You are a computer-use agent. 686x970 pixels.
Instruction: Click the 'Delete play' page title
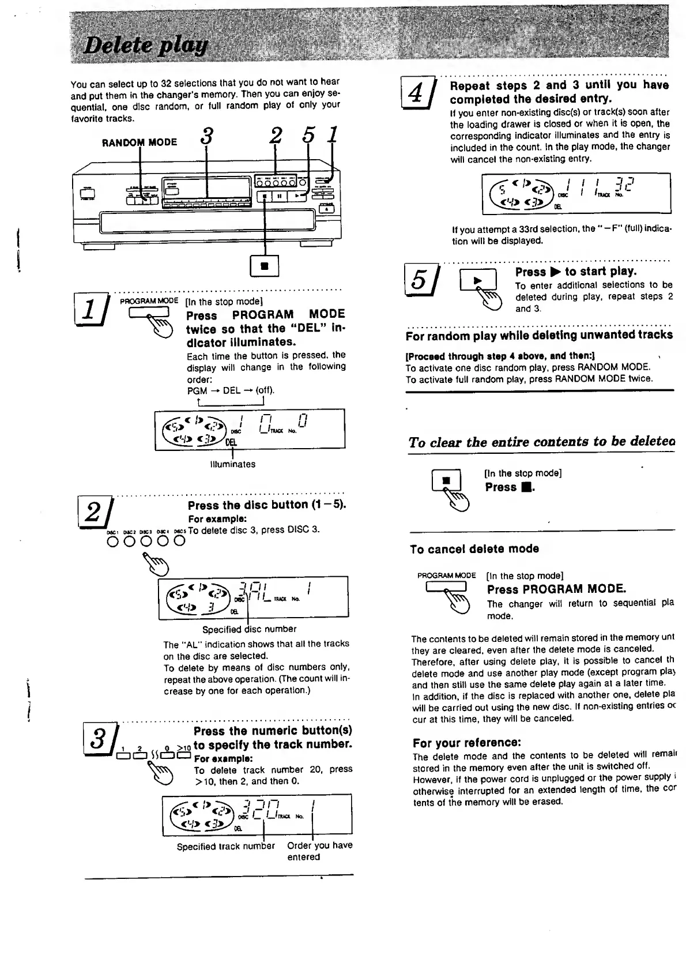(x=145, y=46)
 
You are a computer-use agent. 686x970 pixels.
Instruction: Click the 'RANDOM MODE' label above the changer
(x=140, y=142)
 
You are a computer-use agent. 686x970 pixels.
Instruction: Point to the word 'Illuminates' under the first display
(x=233, y=464)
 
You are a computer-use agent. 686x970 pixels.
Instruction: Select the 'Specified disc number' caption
(x=249, y=629)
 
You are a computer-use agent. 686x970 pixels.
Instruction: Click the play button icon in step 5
(x=478, y=280)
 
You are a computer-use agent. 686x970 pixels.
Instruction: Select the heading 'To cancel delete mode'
(x=474, y=549)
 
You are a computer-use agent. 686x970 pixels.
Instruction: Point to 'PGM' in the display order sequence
(x=197, y=390)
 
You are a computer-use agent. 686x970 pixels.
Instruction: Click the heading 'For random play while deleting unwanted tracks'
(x=539, y=336)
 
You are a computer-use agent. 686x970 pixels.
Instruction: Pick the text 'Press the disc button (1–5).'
(x=266, y=505)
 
